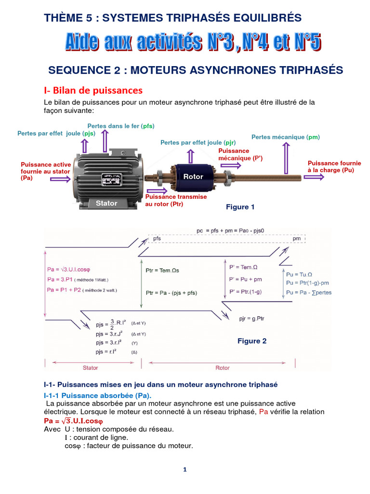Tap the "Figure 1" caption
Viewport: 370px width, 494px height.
click(240, 207)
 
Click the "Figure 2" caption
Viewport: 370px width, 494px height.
click(252, 341)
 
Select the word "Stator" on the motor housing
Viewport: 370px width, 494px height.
click(106, 203)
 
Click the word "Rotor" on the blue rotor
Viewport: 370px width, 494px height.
click(193, 177)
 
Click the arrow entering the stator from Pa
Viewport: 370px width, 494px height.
click(60, 179)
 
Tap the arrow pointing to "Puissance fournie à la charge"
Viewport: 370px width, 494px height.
click(313, 178)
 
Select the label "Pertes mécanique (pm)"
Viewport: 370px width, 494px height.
click(286, 137)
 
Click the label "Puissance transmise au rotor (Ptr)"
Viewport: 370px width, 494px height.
click(176, 200)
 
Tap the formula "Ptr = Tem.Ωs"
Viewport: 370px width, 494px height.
click(162, 271)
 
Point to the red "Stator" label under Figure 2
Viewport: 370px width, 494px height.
click(90, 368)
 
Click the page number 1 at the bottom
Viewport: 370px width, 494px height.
click(185, 470)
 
